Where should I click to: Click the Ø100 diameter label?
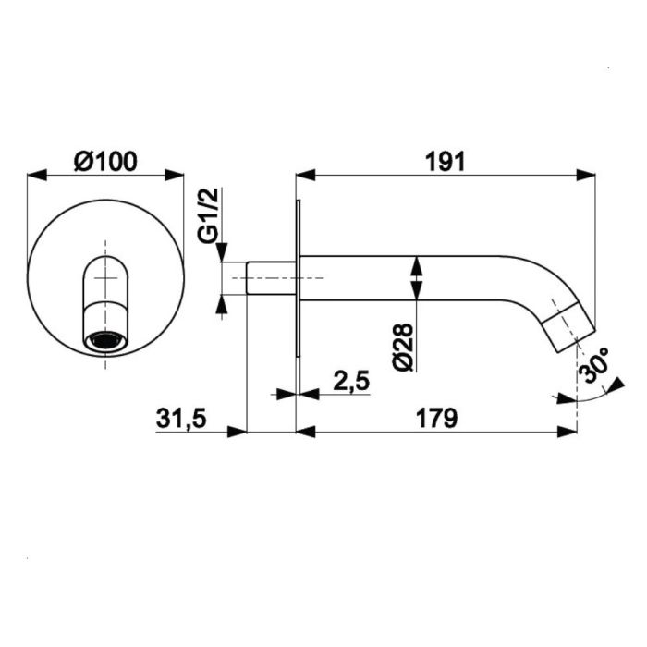pos(105,162)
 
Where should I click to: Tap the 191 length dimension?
pos(446,162)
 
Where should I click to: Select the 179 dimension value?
pos(436,419)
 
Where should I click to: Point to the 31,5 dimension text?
pos(181,419)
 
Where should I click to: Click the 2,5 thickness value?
pos(351,381)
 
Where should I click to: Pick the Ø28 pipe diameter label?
pos(402,347)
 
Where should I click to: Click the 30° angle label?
pos(594,365)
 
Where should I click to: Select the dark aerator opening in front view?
pos(105,341)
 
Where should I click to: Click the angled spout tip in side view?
pos(568,327)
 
